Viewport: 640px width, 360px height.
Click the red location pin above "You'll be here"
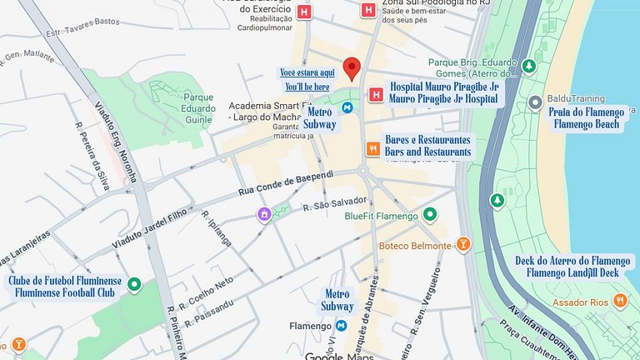[x=352, y=68]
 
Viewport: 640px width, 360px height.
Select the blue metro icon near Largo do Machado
[x=347, y=107]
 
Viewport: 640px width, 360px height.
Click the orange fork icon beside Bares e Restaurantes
[x=372, y=149]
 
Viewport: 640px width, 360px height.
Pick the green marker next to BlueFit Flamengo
[x=430, y=216]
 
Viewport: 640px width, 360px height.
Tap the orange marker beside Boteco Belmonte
[x=464, y=245]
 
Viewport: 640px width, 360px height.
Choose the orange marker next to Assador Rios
[x=620, y=299]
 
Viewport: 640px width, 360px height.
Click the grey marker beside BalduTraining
[x=535, y=102]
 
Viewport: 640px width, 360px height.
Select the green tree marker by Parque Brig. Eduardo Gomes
[x=529, y=67]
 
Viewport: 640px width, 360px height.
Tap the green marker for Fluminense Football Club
[x=133, y=286]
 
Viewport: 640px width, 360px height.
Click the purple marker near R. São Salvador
[x=264, y=215]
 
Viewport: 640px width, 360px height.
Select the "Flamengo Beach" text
[x=587, y=124]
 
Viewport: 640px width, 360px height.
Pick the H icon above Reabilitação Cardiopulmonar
[x=305, y=12]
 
